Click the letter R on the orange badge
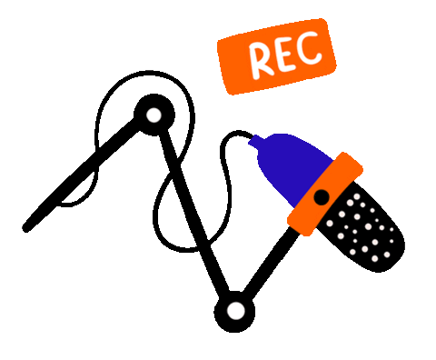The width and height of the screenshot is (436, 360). (261, 60)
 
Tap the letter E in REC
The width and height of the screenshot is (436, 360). (284, 56)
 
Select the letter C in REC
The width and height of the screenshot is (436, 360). (310, 51)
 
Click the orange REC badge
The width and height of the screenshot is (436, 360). (276, 57)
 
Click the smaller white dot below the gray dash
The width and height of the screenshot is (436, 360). (154, 115)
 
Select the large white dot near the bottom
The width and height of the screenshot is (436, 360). (236, 311)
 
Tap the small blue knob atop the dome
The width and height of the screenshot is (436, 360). (257, 141)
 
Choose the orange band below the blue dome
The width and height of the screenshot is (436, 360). (324, 194)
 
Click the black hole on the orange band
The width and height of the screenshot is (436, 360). (321, 196)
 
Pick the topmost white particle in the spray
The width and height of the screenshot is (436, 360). (356, 195)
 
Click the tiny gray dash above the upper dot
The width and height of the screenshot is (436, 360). (150, 70)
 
